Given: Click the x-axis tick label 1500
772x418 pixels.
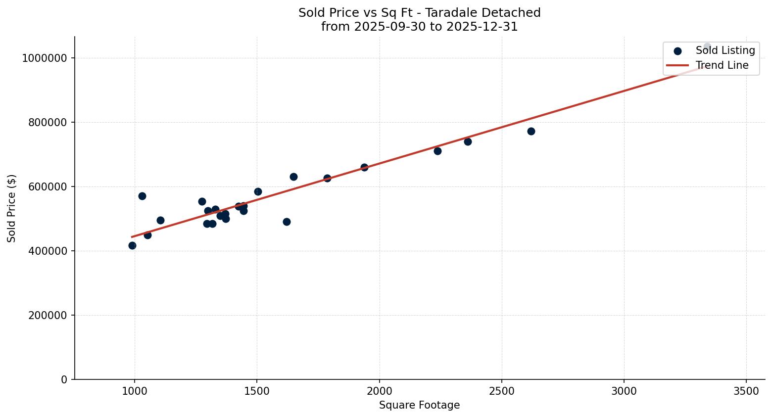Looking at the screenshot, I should tap(257, 391).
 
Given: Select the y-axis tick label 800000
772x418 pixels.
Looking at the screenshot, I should tap(45, 122).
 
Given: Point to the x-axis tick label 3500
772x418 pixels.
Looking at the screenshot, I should tap(746, 391).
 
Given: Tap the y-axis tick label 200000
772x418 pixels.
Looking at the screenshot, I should tap(45, 315).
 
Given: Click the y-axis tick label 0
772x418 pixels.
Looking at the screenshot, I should tap(64, 379).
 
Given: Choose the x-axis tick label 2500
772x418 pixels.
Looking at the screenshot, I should tap(501, 391).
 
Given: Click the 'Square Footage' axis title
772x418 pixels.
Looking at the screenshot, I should tap(419, 405).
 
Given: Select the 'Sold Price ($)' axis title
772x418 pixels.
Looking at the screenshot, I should tap(11, 208).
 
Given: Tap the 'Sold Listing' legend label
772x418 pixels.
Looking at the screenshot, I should tap(725, 50).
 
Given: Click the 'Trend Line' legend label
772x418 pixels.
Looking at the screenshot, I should tap(722, 65).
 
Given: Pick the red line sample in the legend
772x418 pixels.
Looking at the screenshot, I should tap(677, 65).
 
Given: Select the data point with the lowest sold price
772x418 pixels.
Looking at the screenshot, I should tap(132, 245).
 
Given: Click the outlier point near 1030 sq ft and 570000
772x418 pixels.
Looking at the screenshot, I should tap(142, 196).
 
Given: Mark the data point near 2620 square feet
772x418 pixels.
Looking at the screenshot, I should tap(531, 131).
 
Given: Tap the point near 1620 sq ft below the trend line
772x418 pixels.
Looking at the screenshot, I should tap(287, 222).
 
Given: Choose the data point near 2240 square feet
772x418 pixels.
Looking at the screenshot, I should tap(437, 151).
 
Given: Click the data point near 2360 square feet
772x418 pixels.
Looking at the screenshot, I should tap(468, 141).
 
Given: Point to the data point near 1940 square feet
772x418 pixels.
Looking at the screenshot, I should tap(364, 167).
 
